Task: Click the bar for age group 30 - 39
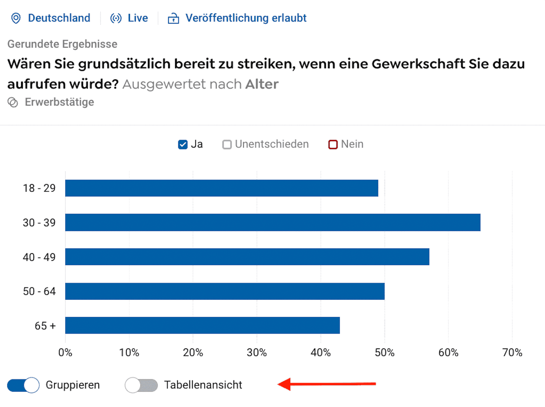tap(272, 222)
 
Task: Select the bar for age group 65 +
tap(202, 325)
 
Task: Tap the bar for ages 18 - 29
tap(222, 188)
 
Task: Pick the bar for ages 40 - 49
tap(247, 257)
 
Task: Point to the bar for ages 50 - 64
tap(225, 291)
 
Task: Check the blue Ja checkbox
tap(183, 144)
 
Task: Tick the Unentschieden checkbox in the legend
tap(227, 144)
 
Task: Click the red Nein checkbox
tap(333, 144)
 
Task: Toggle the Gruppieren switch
tap(23, 385)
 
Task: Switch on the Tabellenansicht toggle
tap(141, 385)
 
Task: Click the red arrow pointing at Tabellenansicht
tap(327, 384)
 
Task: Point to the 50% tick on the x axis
tap(384, 353)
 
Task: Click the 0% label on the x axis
tap(65, 353)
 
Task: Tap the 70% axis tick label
tap(512, 353)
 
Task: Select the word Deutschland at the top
tap(59, 18)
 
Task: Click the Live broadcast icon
tap(116, 18)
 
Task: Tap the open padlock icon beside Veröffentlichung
tap(173, 18)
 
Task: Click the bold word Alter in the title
tap(262, 84)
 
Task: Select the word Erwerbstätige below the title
tap(59, 102)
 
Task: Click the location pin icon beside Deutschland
tap(16, 18)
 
